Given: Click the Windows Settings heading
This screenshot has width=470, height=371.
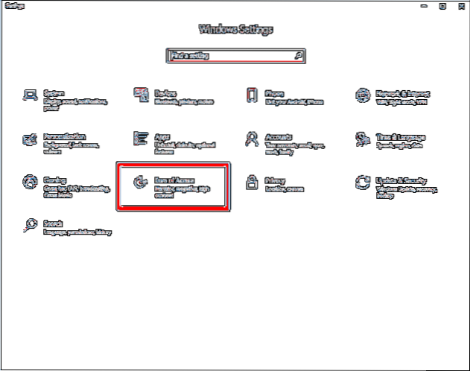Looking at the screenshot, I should (x=235, y=30).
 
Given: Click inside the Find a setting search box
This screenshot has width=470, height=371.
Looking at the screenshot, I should (x=223, y=56).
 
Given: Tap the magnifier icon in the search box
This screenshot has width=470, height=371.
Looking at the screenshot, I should (x=298, y=56).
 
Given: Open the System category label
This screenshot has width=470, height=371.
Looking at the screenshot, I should (x=54, y=92).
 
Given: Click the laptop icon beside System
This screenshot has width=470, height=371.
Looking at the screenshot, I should (x=30, y=95).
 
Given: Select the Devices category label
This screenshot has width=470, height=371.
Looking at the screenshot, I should (x=165, y=92).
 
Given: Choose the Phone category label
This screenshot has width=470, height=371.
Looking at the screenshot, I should (x=276, y=92).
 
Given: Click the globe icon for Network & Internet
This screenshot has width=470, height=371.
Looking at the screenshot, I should (x=363, y=95).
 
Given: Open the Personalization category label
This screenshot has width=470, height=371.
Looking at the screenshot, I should (x=65, y=136).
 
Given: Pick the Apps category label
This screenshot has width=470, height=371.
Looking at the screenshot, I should (x=162, y=136).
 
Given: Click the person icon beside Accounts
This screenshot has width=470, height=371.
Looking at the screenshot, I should (x=251, y=139).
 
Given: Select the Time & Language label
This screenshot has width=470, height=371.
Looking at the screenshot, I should (x=400, y=136).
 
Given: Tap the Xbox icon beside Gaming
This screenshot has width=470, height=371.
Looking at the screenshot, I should (x=30, y=182).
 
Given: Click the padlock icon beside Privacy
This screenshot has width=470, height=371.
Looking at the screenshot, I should (x=252, y=183).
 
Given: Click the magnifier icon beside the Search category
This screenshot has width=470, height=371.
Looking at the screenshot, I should (x=30, y=225).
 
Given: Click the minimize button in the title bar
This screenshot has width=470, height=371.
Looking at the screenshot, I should (x=424, y=6).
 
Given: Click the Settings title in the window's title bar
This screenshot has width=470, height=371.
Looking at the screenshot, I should (x=15, y=6).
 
